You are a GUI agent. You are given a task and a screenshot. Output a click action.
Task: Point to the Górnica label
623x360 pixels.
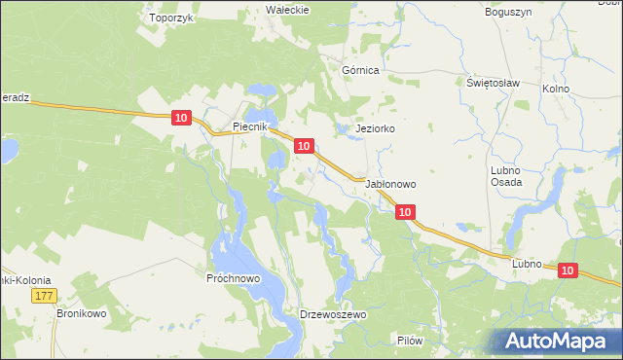pos(360,71)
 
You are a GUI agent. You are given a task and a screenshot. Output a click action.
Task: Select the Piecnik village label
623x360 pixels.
pos(256,127)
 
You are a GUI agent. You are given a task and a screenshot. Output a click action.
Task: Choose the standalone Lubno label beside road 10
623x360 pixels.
pos(526,264)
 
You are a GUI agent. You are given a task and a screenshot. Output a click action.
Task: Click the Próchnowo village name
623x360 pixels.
pos(233,278)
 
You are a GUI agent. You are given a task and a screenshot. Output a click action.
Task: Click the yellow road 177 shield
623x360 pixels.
pos(42,296)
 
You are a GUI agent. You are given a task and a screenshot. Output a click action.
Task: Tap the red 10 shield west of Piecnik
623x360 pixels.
pos(181,118)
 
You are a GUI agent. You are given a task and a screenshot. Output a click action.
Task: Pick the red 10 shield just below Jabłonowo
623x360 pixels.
pos(406,211)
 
